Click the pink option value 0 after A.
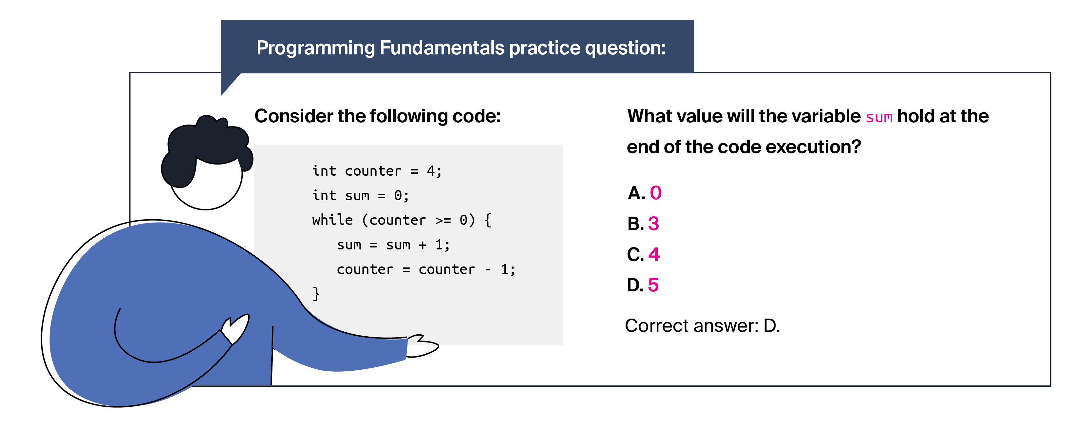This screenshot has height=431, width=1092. (655, 193)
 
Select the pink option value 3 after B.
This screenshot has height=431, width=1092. (654, 224)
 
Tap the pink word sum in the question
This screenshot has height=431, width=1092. (879, 117)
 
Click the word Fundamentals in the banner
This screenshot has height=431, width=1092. (442, 48)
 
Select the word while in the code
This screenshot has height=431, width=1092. (332, 220)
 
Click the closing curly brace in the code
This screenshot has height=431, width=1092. (316, 294)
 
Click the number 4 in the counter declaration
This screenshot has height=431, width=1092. (431, 171)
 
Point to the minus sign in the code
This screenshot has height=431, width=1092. (488, 269)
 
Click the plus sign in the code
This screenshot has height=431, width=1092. (422, 245)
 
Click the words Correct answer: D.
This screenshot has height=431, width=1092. (702, 326)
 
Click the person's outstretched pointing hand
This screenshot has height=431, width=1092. (422, 346)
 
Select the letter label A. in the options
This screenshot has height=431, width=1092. (636, 193)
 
